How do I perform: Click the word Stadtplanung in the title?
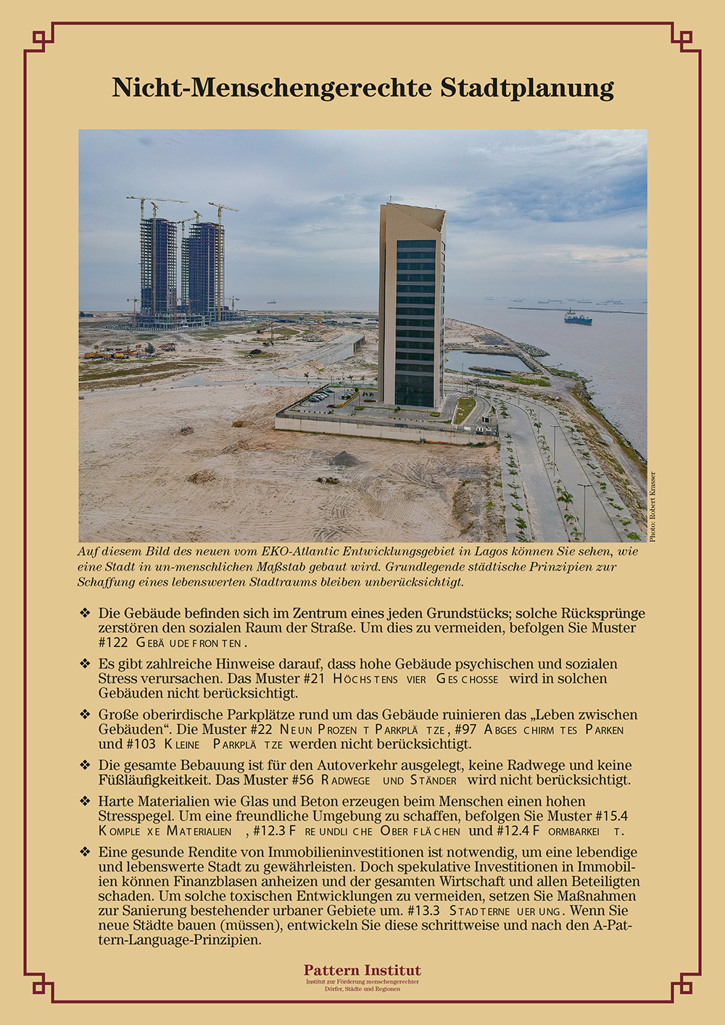(x=527, y=88)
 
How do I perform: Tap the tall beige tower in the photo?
(x=412, y=304)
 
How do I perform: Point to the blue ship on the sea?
(x=578, y=317)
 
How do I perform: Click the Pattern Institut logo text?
(x=362, y=971)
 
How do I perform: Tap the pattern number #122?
(x=113, y=643)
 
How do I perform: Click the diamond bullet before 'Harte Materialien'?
(x=85, y=801)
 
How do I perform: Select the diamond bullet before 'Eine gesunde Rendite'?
(x=85, y=852)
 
